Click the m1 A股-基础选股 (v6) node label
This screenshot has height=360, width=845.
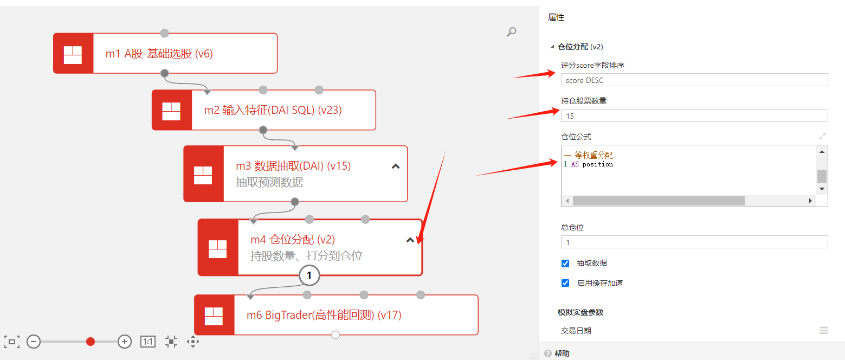tap(159, 54)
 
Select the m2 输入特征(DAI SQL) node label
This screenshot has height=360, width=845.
tap(273, 110)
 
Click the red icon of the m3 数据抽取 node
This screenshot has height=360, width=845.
tap(203, 174)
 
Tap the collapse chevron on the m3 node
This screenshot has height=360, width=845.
tap(396, 166)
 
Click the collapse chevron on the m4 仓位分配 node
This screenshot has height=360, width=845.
tap(410, 240)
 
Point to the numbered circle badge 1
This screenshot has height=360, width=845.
tap(309, 275)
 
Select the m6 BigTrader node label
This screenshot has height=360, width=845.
tap(324, 315)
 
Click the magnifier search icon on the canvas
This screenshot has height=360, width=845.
tap(511, 32)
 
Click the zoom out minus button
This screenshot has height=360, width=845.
tap(34, 342)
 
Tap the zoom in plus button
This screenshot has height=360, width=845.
tap(125, 342)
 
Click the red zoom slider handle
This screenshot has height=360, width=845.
tap(91, 342)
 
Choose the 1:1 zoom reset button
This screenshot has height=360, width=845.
tap(148, 342)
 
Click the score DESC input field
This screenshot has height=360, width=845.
tap(694, 80)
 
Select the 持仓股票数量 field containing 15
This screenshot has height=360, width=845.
tap(694, 115)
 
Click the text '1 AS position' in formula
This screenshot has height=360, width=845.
tap(588, 164)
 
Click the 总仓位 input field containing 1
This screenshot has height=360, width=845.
tap(694, 242)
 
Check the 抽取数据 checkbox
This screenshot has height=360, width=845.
tap(565, 263)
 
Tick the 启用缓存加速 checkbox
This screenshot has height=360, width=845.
tap(565, 283)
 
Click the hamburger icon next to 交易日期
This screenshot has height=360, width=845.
tap(823, 330)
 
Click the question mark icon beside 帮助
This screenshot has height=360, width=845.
tap(547, 353)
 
